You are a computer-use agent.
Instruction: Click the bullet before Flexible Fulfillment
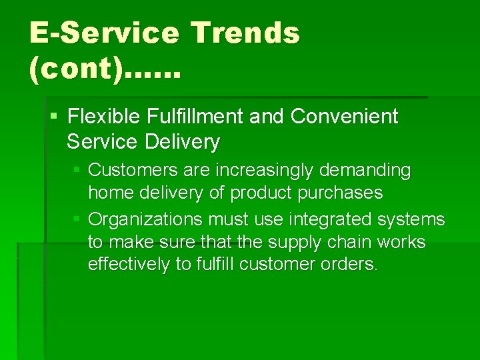(55, 117)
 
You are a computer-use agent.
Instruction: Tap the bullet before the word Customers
(78, 171)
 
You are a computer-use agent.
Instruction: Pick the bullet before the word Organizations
(78, 219)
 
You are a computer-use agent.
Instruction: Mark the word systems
(413, 219)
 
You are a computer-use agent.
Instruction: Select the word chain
(331, 241)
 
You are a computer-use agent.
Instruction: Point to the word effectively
(129, 264)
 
